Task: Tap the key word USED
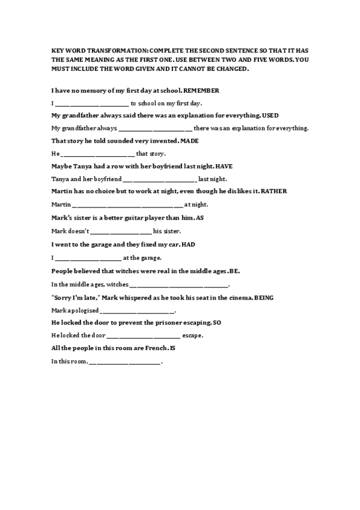click(270, 115)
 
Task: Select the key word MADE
click(189, 141)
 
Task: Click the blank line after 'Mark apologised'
click(138, 312)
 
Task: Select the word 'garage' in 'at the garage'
click(150, 258)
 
